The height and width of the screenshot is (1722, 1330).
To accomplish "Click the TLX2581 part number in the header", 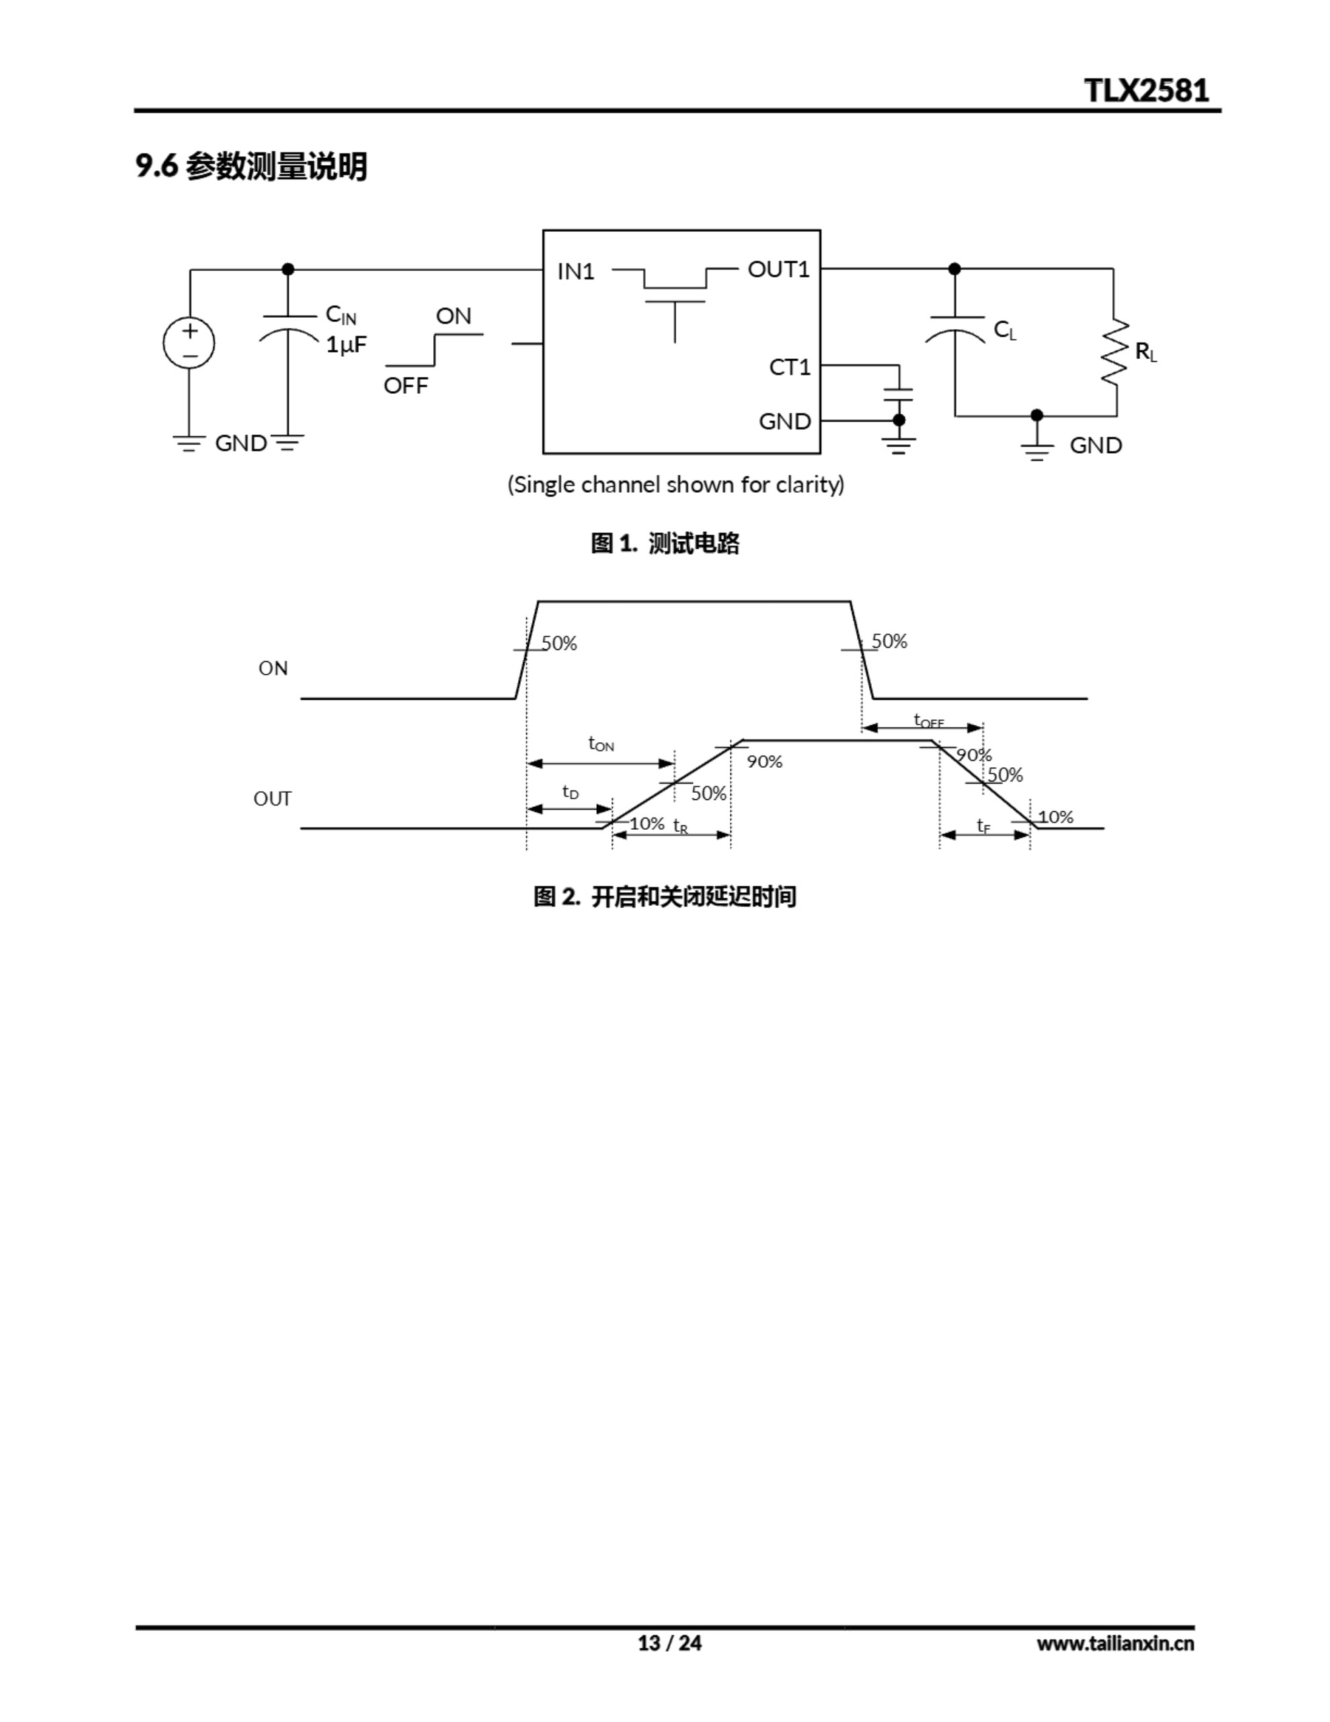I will pos(1146,91).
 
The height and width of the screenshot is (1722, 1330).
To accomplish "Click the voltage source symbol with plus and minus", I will pos(189,343).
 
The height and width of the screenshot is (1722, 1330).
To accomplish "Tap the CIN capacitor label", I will pos(341,315).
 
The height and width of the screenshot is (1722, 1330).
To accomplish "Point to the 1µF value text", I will pos(346,344).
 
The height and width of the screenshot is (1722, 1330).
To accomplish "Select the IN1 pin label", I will pos(576,271).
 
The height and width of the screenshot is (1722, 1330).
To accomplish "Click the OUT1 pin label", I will pos(778,270).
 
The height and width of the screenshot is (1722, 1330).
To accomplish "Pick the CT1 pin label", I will pos(789,367).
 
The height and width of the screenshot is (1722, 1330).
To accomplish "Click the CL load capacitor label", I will pos(1005,330).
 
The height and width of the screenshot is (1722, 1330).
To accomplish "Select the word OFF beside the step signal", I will pos(405,385).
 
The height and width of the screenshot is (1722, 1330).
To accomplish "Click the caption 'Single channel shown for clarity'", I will pos(676,484).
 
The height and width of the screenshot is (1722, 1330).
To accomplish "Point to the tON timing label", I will pos(600,743).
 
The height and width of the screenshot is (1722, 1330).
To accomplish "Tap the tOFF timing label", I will pos(928,720).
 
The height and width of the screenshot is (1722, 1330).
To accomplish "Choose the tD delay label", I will pos(570,792).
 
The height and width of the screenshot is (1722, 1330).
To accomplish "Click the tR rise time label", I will pos(680,826).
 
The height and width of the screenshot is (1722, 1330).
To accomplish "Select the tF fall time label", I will pos(983,825).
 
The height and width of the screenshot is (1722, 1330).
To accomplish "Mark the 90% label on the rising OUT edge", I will pos(764,761).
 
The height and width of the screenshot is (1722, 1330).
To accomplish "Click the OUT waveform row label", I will pos(272,798).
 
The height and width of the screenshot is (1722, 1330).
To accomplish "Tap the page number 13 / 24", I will pos(669,1643).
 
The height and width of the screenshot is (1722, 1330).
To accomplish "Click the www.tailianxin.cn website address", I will pos(1115,1643).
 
